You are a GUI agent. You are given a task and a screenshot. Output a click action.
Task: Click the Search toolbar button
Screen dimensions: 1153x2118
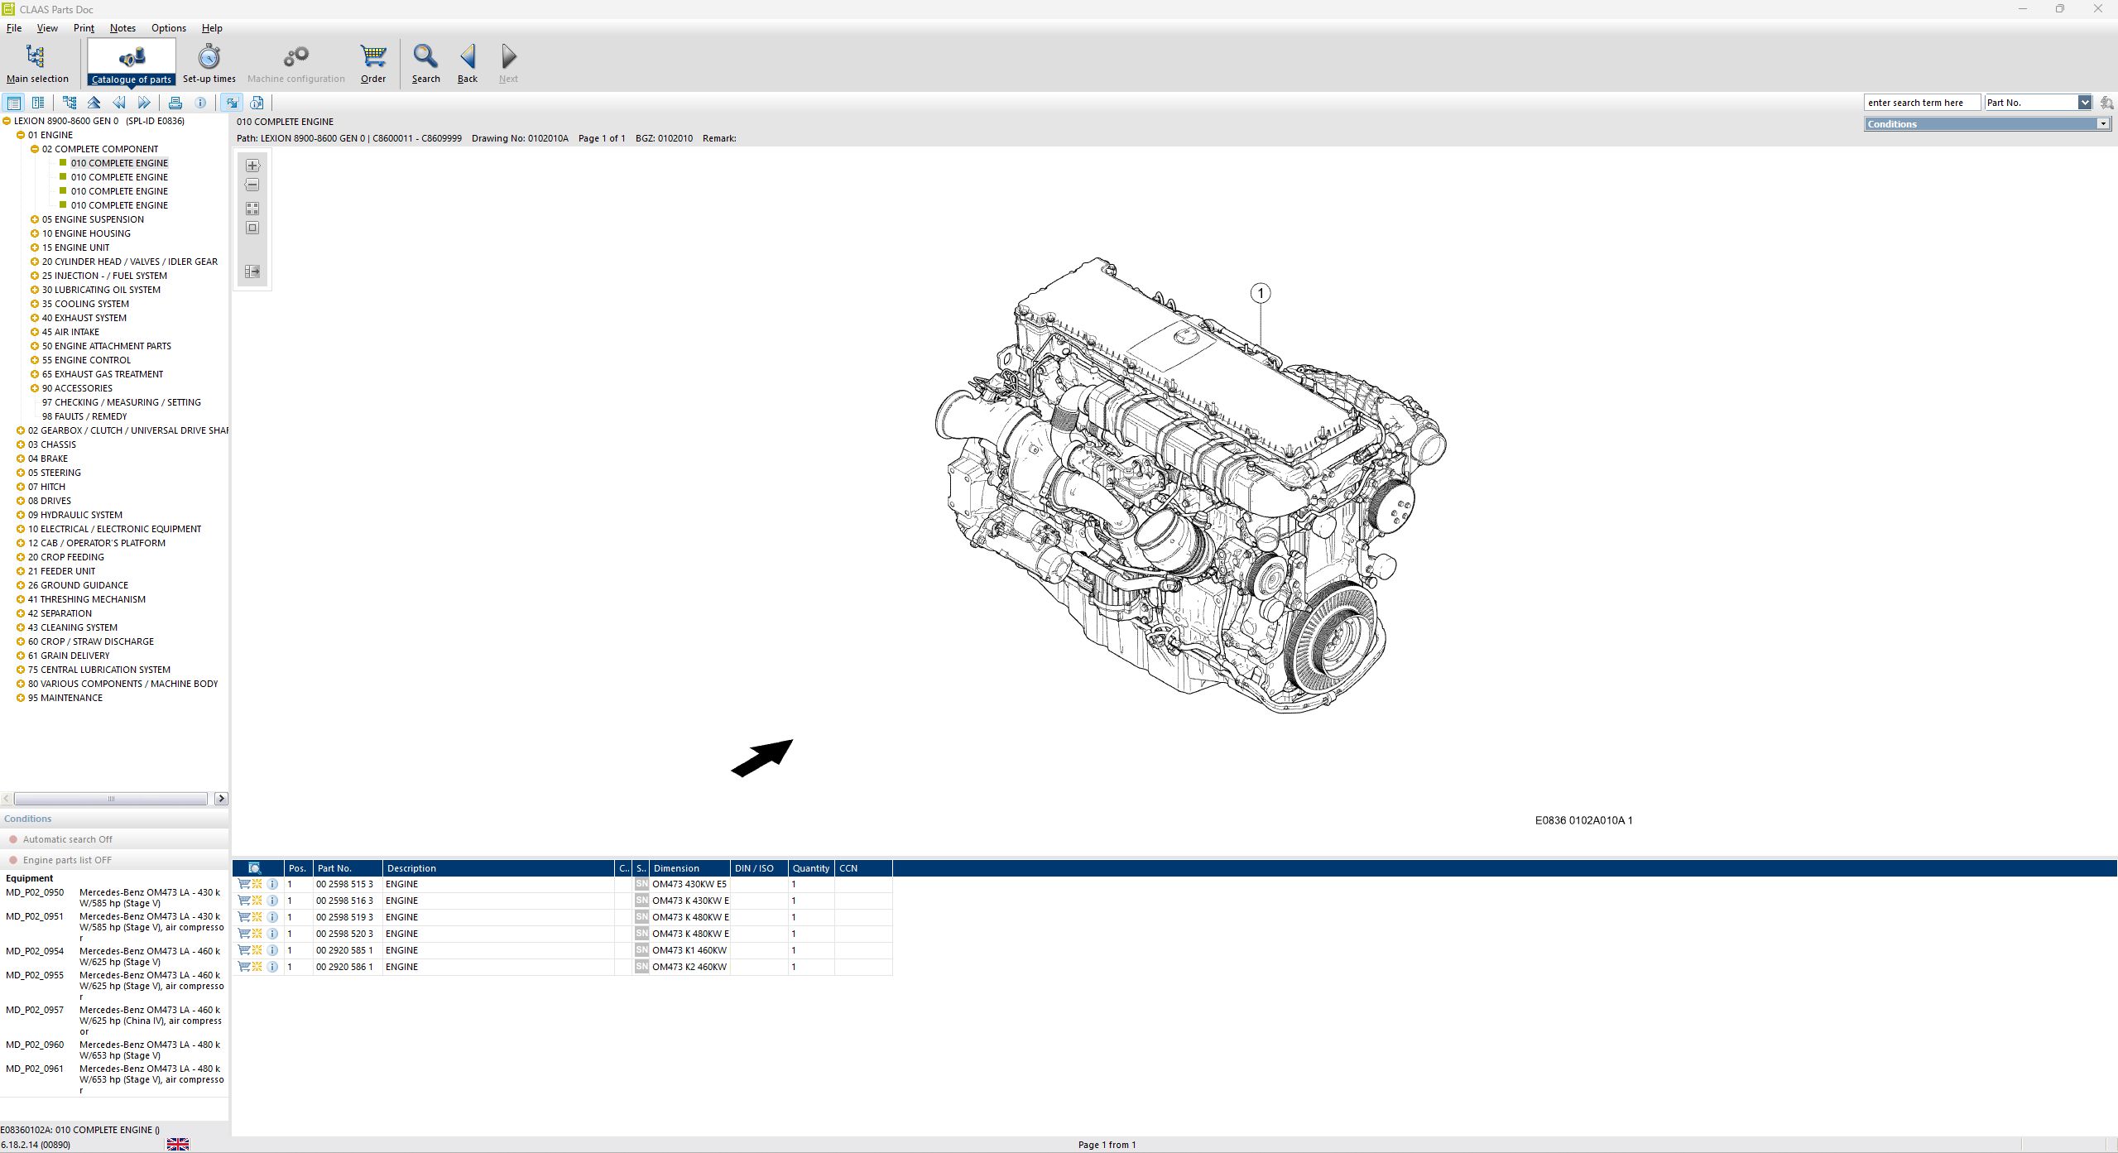click(x=425, y=63)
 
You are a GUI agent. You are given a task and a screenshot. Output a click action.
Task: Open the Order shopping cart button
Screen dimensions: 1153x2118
click(x=373, y=63)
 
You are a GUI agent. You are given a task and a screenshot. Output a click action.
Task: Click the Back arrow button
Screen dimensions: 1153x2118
click(x=468, y=63)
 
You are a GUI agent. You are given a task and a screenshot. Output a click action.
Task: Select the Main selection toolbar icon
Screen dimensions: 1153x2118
click(x=36, y=63)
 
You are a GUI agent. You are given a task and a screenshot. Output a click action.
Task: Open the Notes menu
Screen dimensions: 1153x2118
click(x=122, y=28)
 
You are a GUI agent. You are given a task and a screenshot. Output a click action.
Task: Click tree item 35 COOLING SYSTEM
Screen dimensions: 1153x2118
click(x=85, y=304)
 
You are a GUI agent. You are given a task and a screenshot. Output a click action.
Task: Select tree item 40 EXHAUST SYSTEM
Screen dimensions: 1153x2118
click(x=84, y=318)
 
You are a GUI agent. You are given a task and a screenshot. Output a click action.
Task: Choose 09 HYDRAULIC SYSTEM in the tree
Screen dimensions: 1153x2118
click(x=74, y=515)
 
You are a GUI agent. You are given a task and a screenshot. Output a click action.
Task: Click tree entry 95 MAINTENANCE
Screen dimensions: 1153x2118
click(x=65, y=698)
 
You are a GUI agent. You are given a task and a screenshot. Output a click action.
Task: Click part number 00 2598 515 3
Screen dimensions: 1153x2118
click(x=344, y=884)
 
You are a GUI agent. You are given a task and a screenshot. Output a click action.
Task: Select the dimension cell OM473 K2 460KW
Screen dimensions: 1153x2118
click(x=689, y=967)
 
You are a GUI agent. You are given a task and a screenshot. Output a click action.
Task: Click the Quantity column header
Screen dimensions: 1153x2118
click(x=810, y=868)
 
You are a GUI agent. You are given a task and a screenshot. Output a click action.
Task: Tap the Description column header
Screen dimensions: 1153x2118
click(x=411, y=868)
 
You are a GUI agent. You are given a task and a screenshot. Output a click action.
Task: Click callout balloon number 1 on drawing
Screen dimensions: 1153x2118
click(x=1260, y=293)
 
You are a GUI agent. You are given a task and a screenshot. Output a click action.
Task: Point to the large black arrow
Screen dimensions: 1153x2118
click(x=761, y=758)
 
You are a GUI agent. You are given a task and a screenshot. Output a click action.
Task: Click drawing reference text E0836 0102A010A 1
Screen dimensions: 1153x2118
click(x=1583, y=820)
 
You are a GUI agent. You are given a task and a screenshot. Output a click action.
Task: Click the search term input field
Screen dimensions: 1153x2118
click(x=1920, y=103)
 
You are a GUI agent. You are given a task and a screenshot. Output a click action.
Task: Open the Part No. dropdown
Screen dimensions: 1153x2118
click(x=2084, y=103)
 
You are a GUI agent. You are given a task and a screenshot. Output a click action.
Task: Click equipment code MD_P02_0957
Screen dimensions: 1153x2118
click(x=35, y=1010)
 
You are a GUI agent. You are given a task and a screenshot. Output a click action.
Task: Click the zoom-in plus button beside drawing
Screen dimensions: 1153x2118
click(x=252, y=166)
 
